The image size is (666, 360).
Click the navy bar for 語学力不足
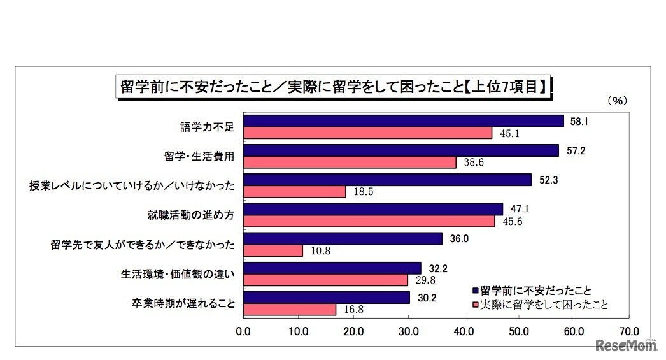click(403, 121)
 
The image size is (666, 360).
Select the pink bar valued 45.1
click(367, 133)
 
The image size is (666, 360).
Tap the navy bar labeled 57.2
click(400, 150)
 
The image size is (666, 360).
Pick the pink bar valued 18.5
click(294, 191)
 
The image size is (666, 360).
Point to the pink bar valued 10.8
click(273, 250)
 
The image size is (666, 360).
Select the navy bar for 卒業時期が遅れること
click(326, 298)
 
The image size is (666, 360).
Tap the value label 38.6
click(472, 162)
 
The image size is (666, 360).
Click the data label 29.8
click(424, 280)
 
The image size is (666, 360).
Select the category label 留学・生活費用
click(195, 156)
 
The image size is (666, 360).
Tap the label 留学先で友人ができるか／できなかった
click(143, 245)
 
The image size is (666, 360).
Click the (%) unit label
click(617, 100)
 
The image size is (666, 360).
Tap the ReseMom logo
click(627, 345)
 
